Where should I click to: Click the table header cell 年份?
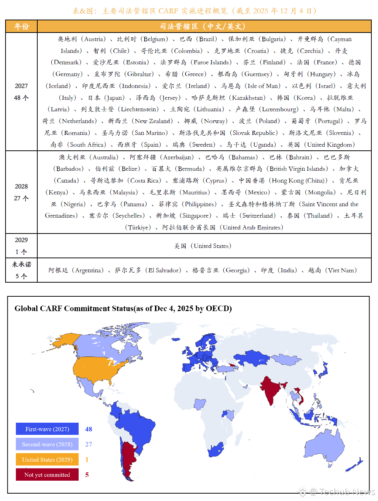pos(21,27)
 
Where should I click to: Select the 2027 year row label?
pos(21,86)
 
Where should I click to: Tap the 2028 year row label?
pos(21,187)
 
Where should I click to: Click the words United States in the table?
pos(211,246)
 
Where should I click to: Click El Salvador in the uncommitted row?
pos(165,270)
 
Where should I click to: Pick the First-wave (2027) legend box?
pos(47,429)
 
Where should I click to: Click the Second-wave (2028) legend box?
pos(47,444)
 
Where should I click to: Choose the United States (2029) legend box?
pos(47,460)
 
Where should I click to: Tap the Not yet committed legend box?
pos(47,475)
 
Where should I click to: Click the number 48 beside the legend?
pos(89,429)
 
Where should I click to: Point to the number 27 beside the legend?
pos(89,444)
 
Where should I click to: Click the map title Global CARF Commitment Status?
pos(123,309)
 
